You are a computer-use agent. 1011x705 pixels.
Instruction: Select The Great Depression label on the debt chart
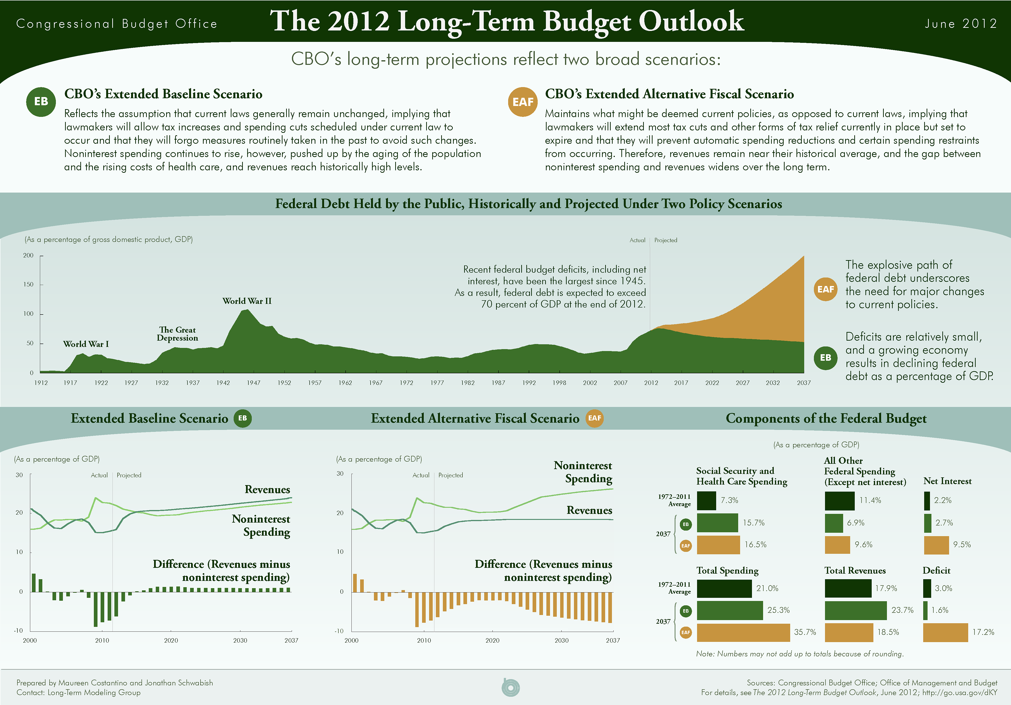[178, 334]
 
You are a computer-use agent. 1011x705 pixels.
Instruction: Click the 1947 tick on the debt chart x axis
[254, 383]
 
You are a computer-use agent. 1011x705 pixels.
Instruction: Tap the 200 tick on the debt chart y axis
[28, 255]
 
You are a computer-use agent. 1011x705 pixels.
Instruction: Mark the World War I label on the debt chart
[86, 344]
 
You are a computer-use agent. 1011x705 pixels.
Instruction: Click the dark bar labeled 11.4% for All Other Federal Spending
[839, 501]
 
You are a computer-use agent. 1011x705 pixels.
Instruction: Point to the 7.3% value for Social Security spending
[729, 501]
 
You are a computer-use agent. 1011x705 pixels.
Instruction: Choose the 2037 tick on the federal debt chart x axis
[804, 383]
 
